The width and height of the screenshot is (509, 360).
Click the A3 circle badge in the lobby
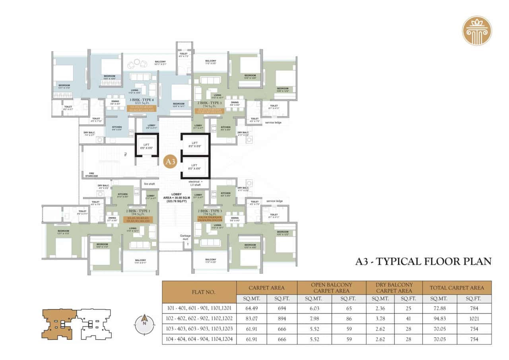170,162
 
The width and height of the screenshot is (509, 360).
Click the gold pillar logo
477,31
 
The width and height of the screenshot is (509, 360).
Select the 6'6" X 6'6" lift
146,145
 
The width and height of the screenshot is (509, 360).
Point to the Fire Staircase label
91,176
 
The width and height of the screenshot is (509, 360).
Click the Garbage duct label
185,237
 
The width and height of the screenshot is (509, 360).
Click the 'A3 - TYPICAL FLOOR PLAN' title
423,261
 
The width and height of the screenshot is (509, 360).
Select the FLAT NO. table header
199,292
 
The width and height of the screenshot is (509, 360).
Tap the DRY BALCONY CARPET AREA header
394,288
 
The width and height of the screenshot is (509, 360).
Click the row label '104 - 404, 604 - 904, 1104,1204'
199,339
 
